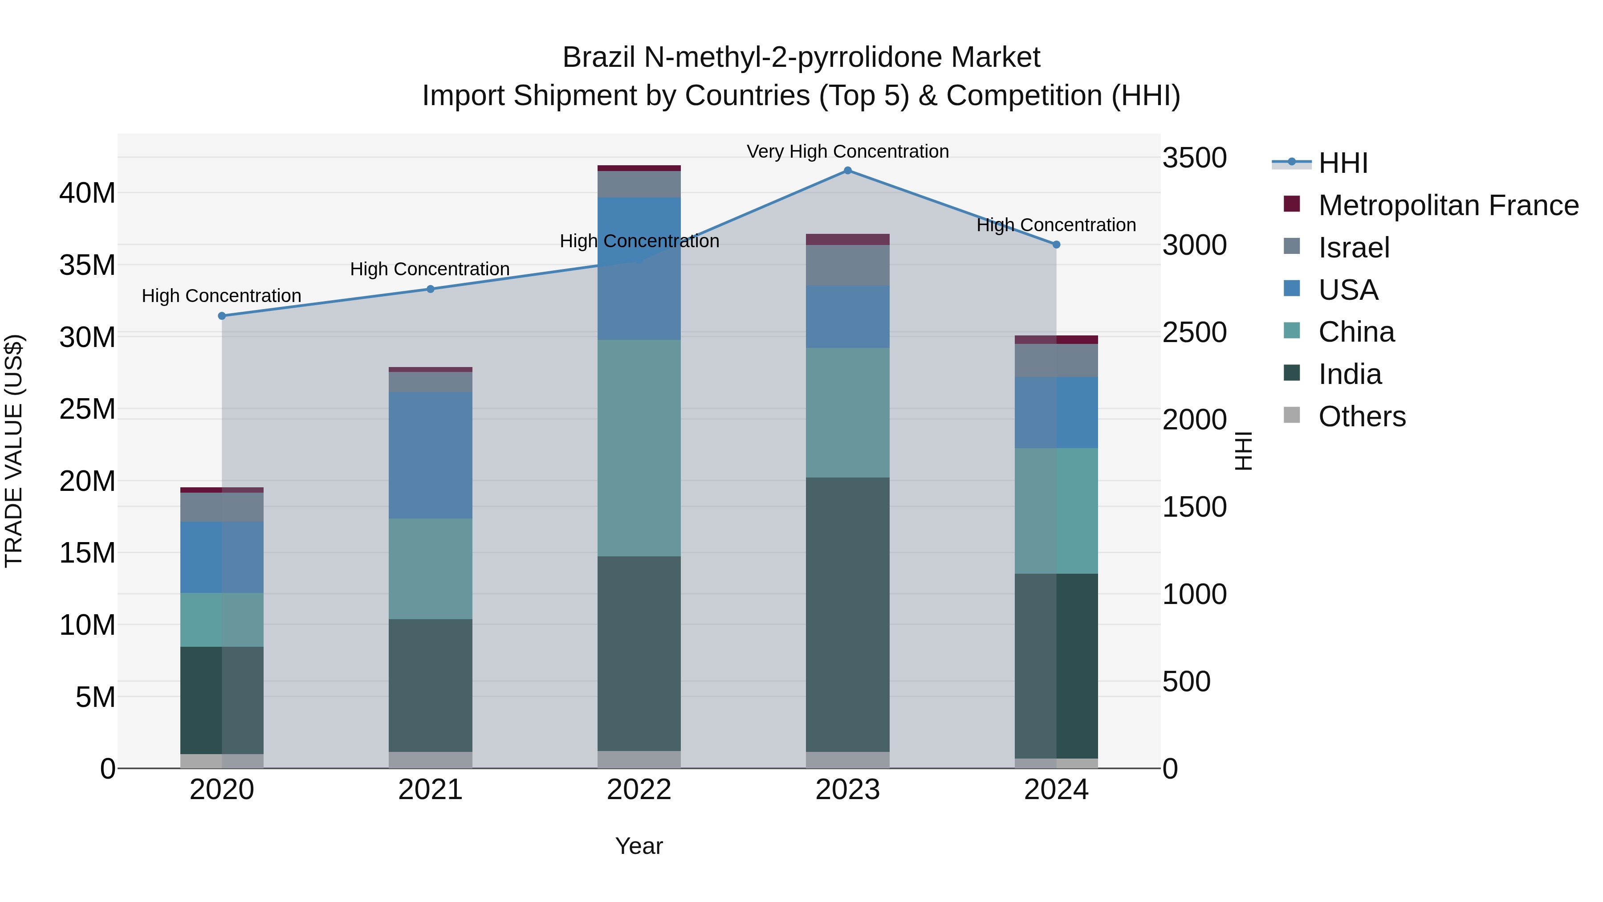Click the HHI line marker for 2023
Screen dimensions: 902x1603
[x=847, y=170]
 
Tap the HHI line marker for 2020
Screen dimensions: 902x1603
[x=222, y=316]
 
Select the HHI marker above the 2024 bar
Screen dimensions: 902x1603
[x=1056, y=245]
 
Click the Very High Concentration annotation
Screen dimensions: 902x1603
[x=847, y=151]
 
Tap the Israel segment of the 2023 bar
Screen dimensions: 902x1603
[x=847, y=265]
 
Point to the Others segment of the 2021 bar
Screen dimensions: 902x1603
[x=430, y=759]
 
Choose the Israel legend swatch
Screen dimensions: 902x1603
[x=1292, y=246]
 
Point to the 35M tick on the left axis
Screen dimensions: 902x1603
[x=87, y=265]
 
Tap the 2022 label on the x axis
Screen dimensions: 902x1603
[x=639, y=790]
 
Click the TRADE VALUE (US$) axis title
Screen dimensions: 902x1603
[x=14, y=451]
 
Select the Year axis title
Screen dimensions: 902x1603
[x=639, y=846]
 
